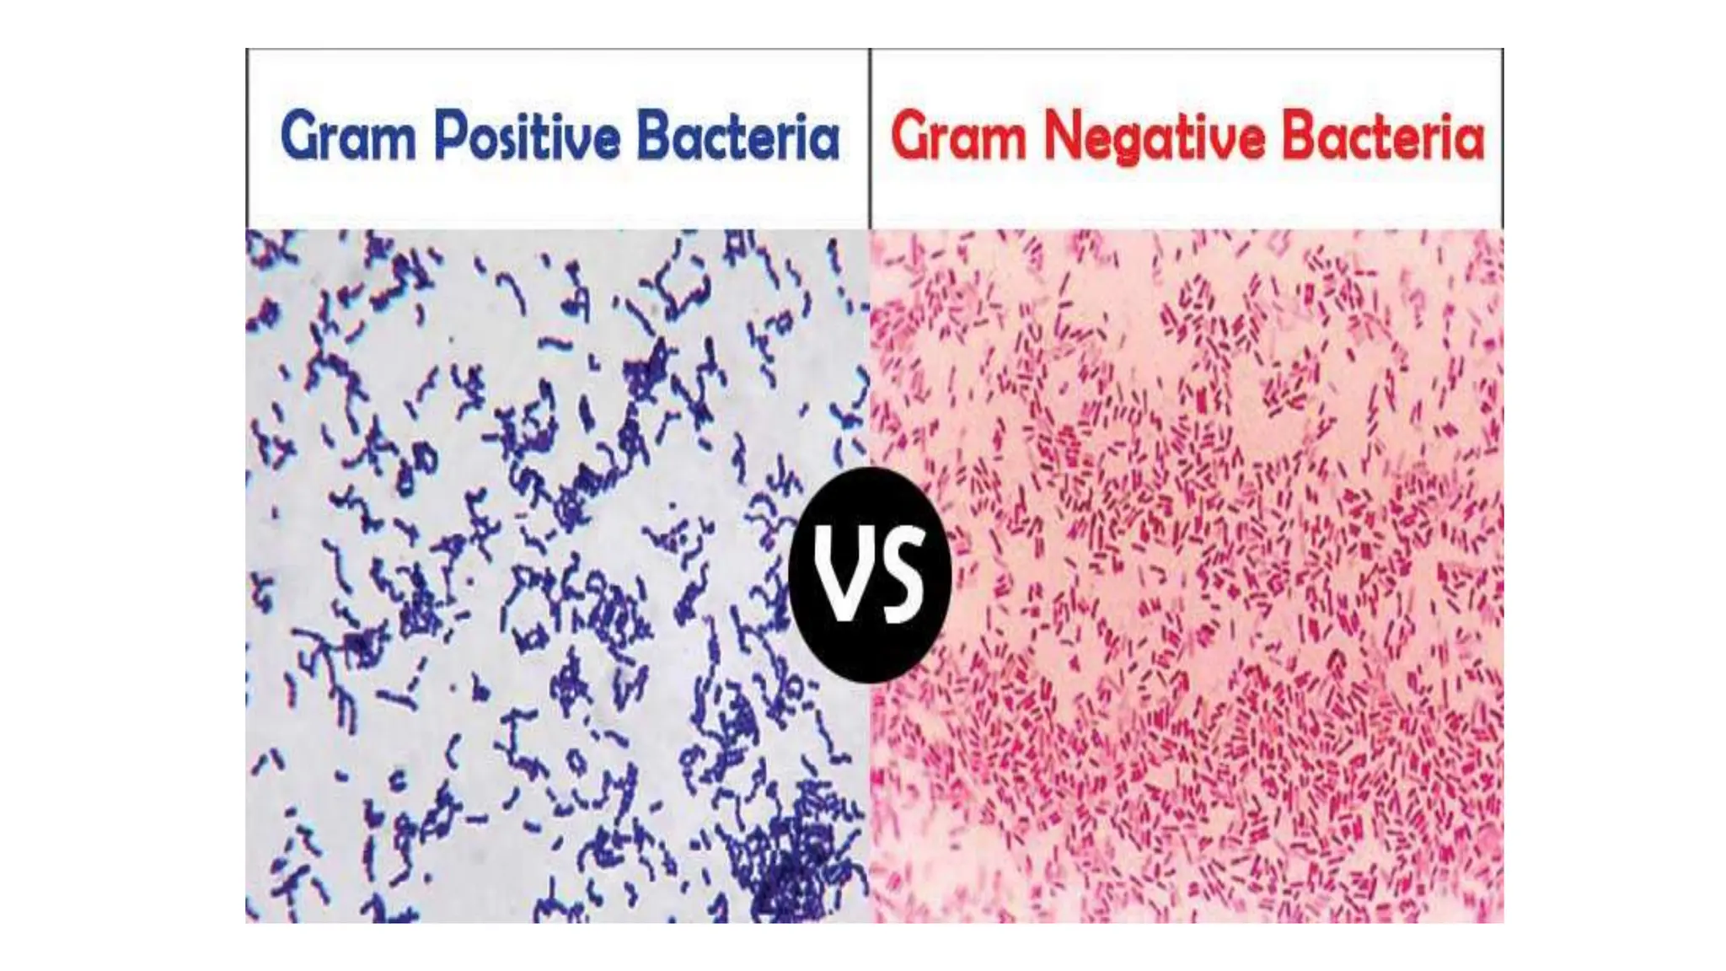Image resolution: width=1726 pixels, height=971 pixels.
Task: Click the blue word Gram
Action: coord(348,137)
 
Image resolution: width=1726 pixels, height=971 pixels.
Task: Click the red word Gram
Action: coord(958,137)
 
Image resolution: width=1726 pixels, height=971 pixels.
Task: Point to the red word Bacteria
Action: coord(1383,137)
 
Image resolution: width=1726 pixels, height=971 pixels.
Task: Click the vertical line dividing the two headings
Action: coord(870,138)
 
